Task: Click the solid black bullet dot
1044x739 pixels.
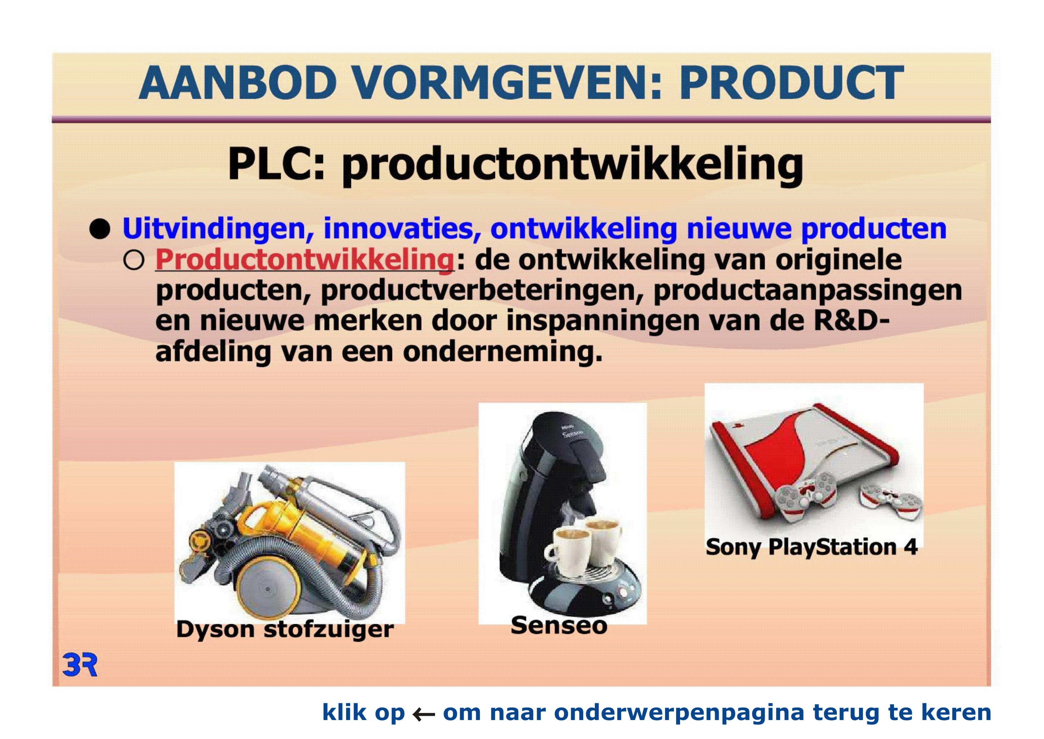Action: tap(100, 229)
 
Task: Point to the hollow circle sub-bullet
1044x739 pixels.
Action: tap(134, 261)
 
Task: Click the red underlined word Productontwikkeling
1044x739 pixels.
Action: tap(305, 260)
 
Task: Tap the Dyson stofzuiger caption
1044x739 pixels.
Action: tap(285, 630)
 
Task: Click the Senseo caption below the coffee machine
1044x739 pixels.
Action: tap(559, 625)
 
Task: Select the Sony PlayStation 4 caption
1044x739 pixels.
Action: tap(811, 547)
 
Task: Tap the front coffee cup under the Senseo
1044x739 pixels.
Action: tap(568, 552)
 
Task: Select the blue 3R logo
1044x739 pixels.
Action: tap(80, 665)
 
